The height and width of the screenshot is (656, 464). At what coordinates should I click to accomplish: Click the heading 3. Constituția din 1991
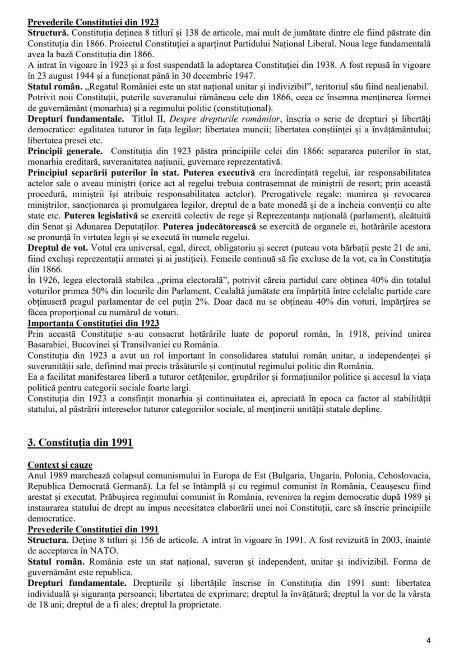tap(80, 443)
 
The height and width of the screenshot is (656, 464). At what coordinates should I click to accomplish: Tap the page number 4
tap(429, 640)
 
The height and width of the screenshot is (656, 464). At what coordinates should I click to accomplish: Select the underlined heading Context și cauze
tap(60, 466)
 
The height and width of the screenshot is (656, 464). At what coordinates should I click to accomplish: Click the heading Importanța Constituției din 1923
tap(93, 323)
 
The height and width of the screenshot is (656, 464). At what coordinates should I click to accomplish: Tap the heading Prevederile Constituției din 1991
tap(93, 529)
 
